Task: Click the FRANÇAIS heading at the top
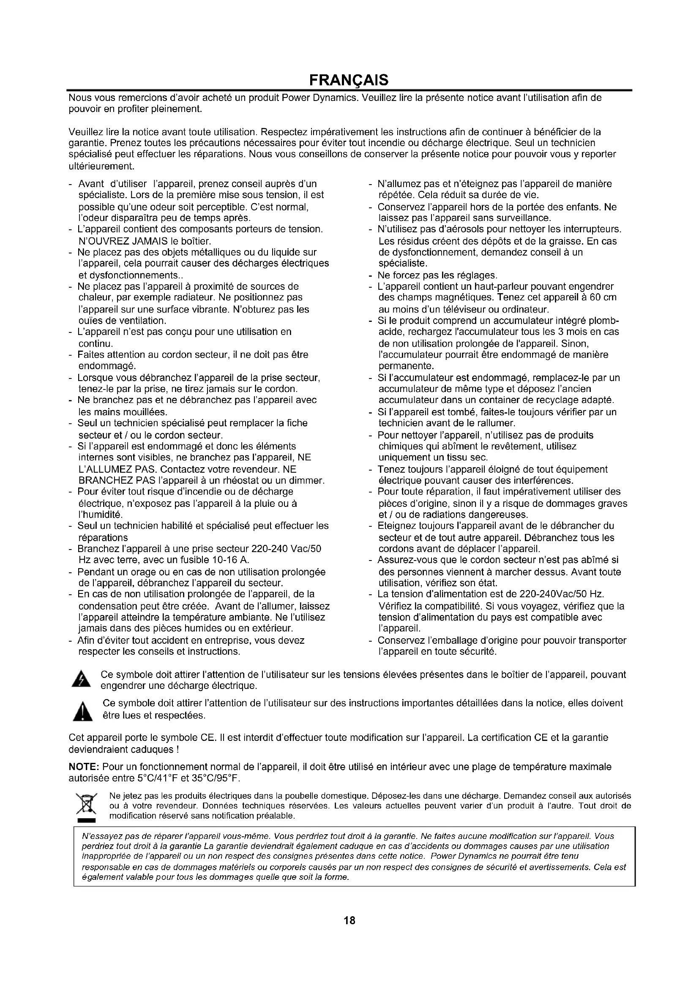click(x=349, y=80)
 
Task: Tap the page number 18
click(x=349, y=920)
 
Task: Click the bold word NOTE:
click(x=85, y=767)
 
